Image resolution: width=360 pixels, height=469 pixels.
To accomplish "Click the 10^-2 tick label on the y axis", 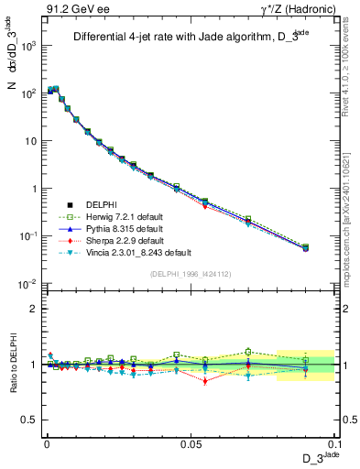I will tap(27, 285).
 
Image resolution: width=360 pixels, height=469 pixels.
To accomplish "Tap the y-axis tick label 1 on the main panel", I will tap(33, 189).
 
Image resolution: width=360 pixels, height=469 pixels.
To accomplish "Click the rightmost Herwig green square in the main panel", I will tap(306, 246).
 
